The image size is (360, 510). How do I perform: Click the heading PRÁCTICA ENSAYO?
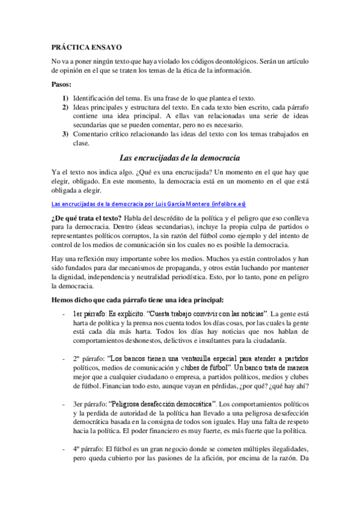click(x=87, y=45)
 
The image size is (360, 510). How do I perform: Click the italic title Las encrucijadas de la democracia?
click(x=180, y=158)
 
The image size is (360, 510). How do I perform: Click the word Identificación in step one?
click(x=96, y=98)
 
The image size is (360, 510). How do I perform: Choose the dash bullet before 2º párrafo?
click(x=64, y=358)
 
